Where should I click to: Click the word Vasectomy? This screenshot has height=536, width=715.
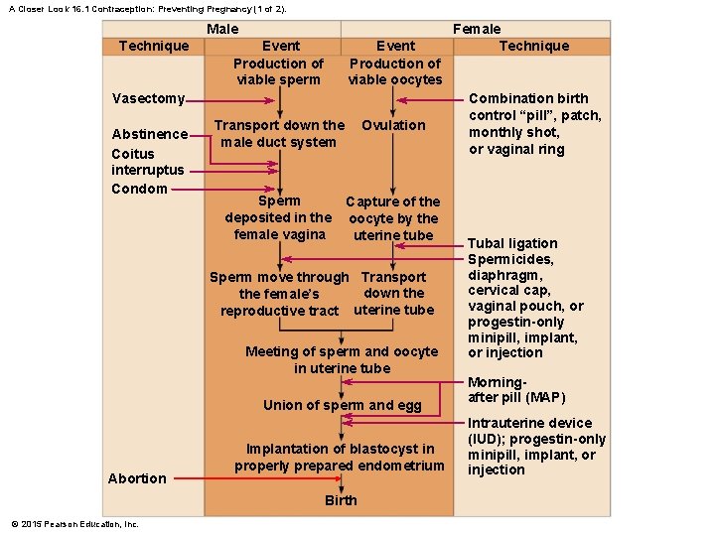tap(148, 98)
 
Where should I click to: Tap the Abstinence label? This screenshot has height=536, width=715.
tap(149, 134)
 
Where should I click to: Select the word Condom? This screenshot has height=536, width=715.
tap(139, 189)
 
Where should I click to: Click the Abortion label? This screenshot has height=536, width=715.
tap(137, 478)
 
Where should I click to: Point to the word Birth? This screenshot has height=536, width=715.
tap(341, 500)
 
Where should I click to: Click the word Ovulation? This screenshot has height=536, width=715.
tap(393, 125)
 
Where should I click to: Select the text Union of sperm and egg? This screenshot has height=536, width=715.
tap(342, 405)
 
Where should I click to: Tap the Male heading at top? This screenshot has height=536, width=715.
tap(222, 29)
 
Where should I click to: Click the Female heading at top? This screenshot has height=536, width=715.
tap(477, 29)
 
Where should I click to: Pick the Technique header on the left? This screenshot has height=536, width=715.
tap(153, 46)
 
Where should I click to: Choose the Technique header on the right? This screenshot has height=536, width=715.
tap(534, 46)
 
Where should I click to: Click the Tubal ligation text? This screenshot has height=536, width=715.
tap(512, 243)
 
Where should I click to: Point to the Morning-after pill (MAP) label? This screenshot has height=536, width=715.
tap(515, 390)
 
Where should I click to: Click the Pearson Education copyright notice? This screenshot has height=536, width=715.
tap(74, 524)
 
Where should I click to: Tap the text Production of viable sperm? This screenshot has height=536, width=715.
tap(279, 71)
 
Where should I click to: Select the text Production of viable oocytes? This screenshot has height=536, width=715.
tap(395, 71)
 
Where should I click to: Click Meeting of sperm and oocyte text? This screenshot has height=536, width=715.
tap(342, 359)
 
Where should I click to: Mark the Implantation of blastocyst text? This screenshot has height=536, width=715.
tap(340, 457)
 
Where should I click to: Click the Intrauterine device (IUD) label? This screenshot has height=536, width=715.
tap(535, 447)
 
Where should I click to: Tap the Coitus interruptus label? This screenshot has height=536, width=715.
tap(147, 162)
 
